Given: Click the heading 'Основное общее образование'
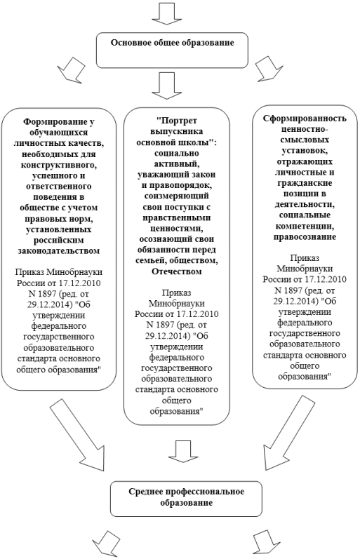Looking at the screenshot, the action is [x=173, y=43].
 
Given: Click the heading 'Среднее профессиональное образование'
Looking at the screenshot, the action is [x=186, y=497].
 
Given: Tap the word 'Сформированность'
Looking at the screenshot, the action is [x=305, y=119].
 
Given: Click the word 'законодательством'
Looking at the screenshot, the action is [x=59, y=250].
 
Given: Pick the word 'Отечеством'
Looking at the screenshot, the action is [x=177, y=271].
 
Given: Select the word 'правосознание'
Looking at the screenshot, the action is [x=305, y=237].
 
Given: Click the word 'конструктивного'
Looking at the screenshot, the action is [x=59, y=165].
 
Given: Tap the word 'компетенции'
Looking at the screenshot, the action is [x=305, y=226].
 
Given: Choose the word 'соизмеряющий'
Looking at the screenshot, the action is [x=177, y=196].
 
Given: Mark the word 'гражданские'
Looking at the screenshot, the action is [x=305, y=183].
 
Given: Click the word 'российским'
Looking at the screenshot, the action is [x=59, y=240].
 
